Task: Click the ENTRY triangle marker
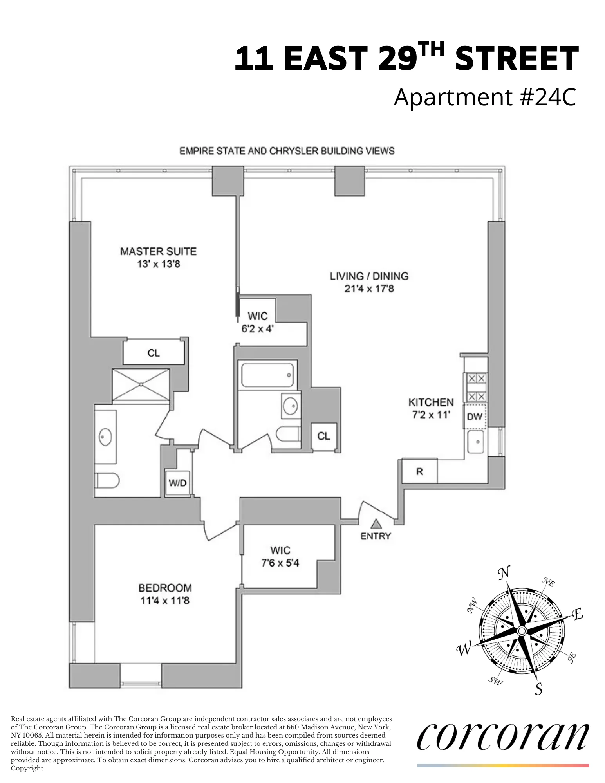[376, 523]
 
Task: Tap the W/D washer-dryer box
[177, 483]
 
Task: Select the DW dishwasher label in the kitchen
[475, 417]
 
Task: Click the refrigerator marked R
[419, 471]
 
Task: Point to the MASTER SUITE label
[158, 251]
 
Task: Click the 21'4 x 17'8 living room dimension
[369, 289]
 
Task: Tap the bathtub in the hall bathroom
[267, 375]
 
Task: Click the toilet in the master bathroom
[107, 480]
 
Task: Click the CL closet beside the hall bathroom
[323, 436]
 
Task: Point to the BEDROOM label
[165, 588]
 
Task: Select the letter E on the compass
[578, 615]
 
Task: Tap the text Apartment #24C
[485, 97]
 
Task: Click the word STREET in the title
[517, 59]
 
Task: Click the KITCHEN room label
[431, 402]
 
